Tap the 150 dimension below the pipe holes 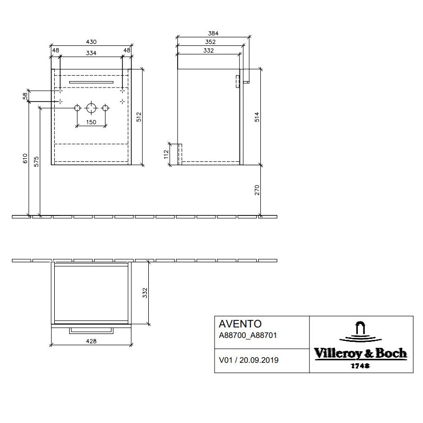pos(91,121)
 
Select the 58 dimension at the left pos(25,96)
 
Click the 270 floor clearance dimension pos(257,191)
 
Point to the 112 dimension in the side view pos(167,154)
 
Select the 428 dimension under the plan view pos(91,341)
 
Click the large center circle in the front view pos(91,107)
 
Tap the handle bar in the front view pos(92,80)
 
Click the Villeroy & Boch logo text pos(361,354)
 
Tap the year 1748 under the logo pos(361,365)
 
